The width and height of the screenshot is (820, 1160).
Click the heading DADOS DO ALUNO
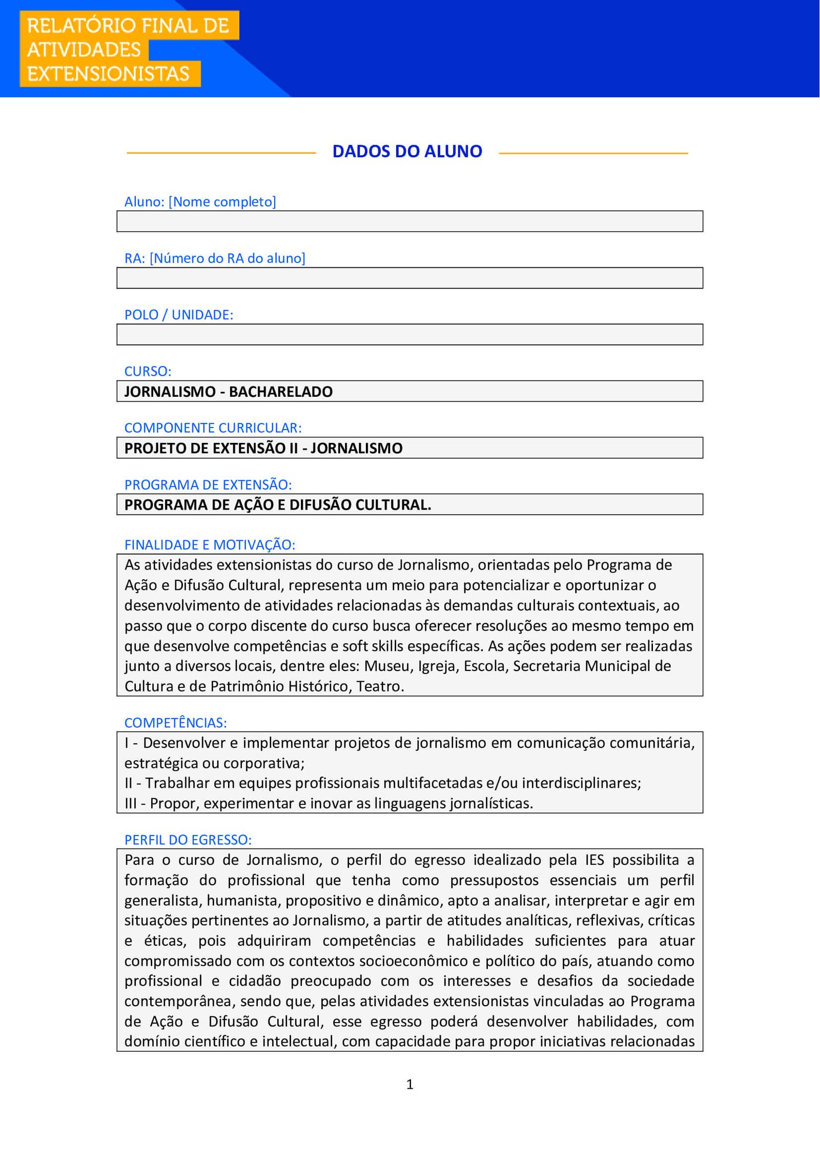pyautogui.click(x=407, y=151)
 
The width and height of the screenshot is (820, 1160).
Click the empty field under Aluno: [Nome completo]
pyautogui.click(x=409, y=221)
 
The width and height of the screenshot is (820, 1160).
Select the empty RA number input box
pyautogui.click(x=409, y=278)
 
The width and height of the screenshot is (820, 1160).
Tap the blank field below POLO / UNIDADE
pyautogui.click(x=409, y=335)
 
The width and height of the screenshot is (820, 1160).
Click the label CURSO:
pyautogui.click(x=148, y=371)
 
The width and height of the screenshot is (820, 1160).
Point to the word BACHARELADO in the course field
pyautogui.click(x=280, y=392)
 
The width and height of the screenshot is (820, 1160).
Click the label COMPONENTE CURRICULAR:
pyautogui.click(x=213, y=428)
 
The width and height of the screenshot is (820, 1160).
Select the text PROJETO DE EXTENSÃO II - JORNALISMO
pyautogui.click(x=263, y=449)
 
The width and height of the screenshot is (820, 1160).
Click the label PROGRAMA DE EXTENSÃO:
pyautogui.click(x=208, y=484)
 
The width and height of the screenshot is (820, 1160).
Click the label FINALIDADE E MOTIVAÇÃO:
pyautogui.click(x=210, y=545)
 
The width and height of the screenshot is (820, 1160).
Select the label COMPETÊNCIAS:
pyautogui.click(x=175, y=723)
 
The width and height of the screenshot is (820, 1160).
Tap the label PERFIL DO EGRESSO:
pyautogui.click(x=188, y=840)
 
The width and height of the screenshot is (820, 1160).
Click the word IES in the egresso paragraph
pyautogui.click(x=594, y=860)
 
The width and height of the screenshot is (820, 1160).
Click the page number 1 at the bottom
pyautogui.click(x=409, y=1084)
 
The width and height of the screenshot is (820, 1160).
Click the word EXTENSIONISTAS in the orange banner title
pyautogui.click(x=108, y=74)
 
